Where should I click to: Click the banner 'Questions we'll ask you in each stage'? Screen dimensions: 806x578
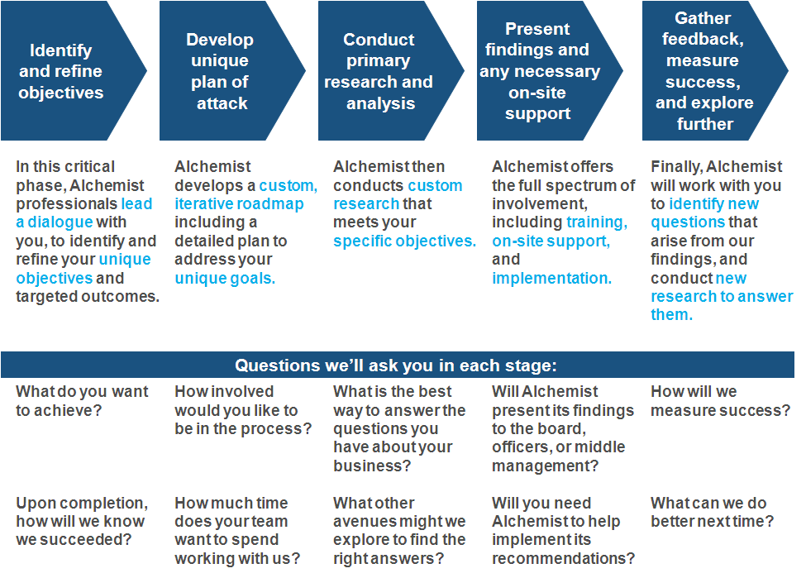point(398,365)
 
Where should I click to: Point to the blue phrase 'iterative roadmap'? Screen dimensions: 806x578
point(239,204)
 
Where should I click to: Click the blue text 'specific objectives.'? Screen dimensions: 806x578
point(404,241)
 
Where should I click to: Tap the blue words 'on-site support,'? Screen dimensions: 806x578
point(551,241)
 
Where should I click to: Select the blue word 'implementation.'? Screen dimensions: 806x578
point(551,278)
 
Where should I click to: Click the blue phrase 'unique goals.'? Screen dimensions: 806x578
point(225,278)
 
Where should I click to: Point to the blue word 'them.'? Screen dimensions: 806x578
point(671,315)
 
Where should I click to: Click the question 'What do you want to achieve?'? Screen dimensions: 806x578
point(82,401)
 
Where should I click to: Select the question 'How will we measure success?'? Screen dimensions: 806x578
point(720,401)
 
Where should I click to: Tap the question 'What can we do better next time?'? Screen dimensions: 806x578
point(712,512)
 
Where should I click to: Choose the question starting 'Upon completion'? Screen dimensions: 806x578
point(82,522)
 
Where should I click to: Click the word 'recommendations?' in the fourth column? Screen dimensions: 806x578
point(564,558)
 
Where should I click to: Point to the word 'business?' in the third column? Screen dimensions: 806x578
point(372,466)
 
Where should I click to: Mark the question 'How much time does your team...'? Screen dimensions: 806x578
point(237,531)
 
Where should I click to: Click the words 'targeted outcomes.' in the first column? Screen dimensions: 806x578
point(88,297)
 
